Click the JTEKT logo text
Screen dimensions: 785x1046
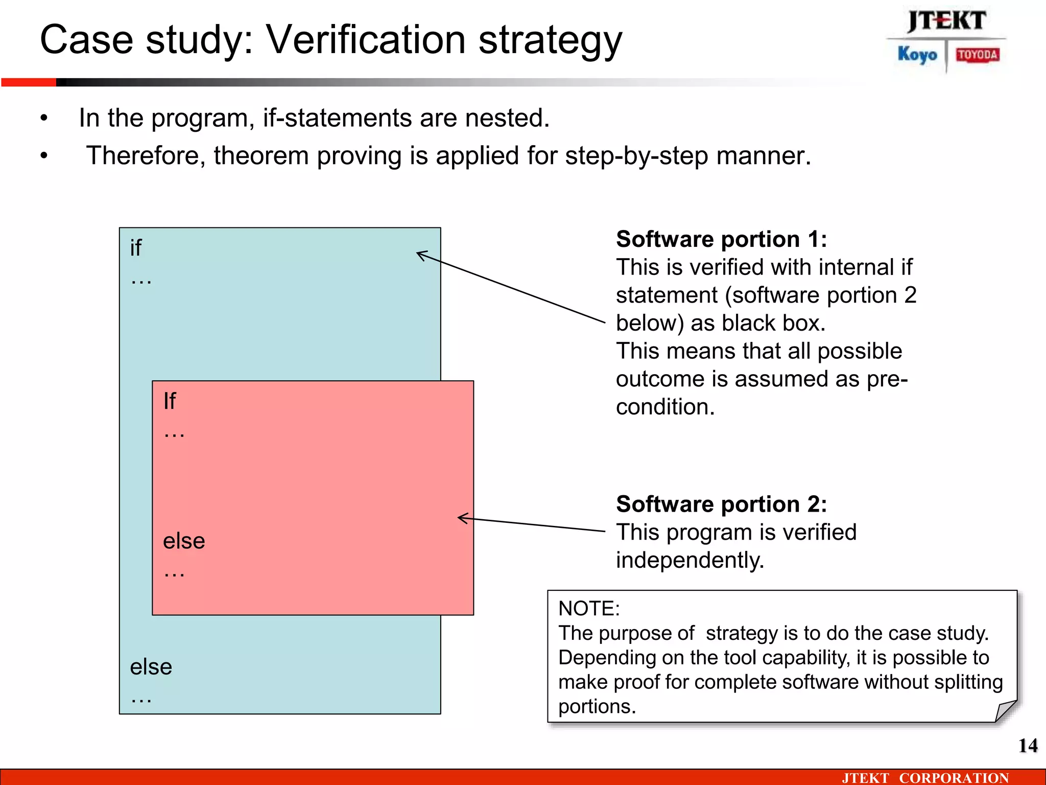[x=946, y=21]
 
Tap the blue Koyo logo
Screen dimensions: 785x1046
[x=917, y=54]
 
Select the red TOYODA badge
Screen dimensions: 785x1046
[x=977, y=55]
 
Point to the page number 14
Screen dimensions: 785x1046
[x=1028, y=746]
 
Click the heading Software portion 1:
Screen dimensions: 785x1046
[x=721, y=239]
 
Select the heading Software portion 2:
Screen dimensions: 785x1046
[x=721, y=504]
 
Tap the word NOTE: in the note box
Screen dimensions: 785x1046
[x=589, y=609]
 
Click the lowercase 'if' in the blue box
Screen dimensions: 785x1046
[x=136, y=248]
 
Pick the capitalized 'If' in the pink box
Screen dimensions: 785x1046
[x=170, y=401]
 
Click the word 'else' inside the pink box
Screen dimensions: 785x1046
[x=184, y=541]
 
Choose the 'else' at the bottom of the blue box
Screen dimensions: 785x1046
[x=151, y=667]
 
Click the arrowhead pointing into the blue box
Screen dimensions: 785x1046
[x=420, y=254]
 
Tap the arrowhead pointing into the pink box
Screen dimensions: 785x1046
[x=461, y=518]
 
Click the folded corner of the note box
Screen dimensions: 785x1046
[x=1005, y=710]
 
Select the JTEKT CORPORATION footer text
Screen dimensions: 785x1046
[x=925, y=778]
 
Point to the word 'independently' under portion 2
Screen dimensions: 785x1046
[x=690, y=560]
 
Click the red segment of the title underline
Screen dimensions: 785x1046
[x=29, y=82]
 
